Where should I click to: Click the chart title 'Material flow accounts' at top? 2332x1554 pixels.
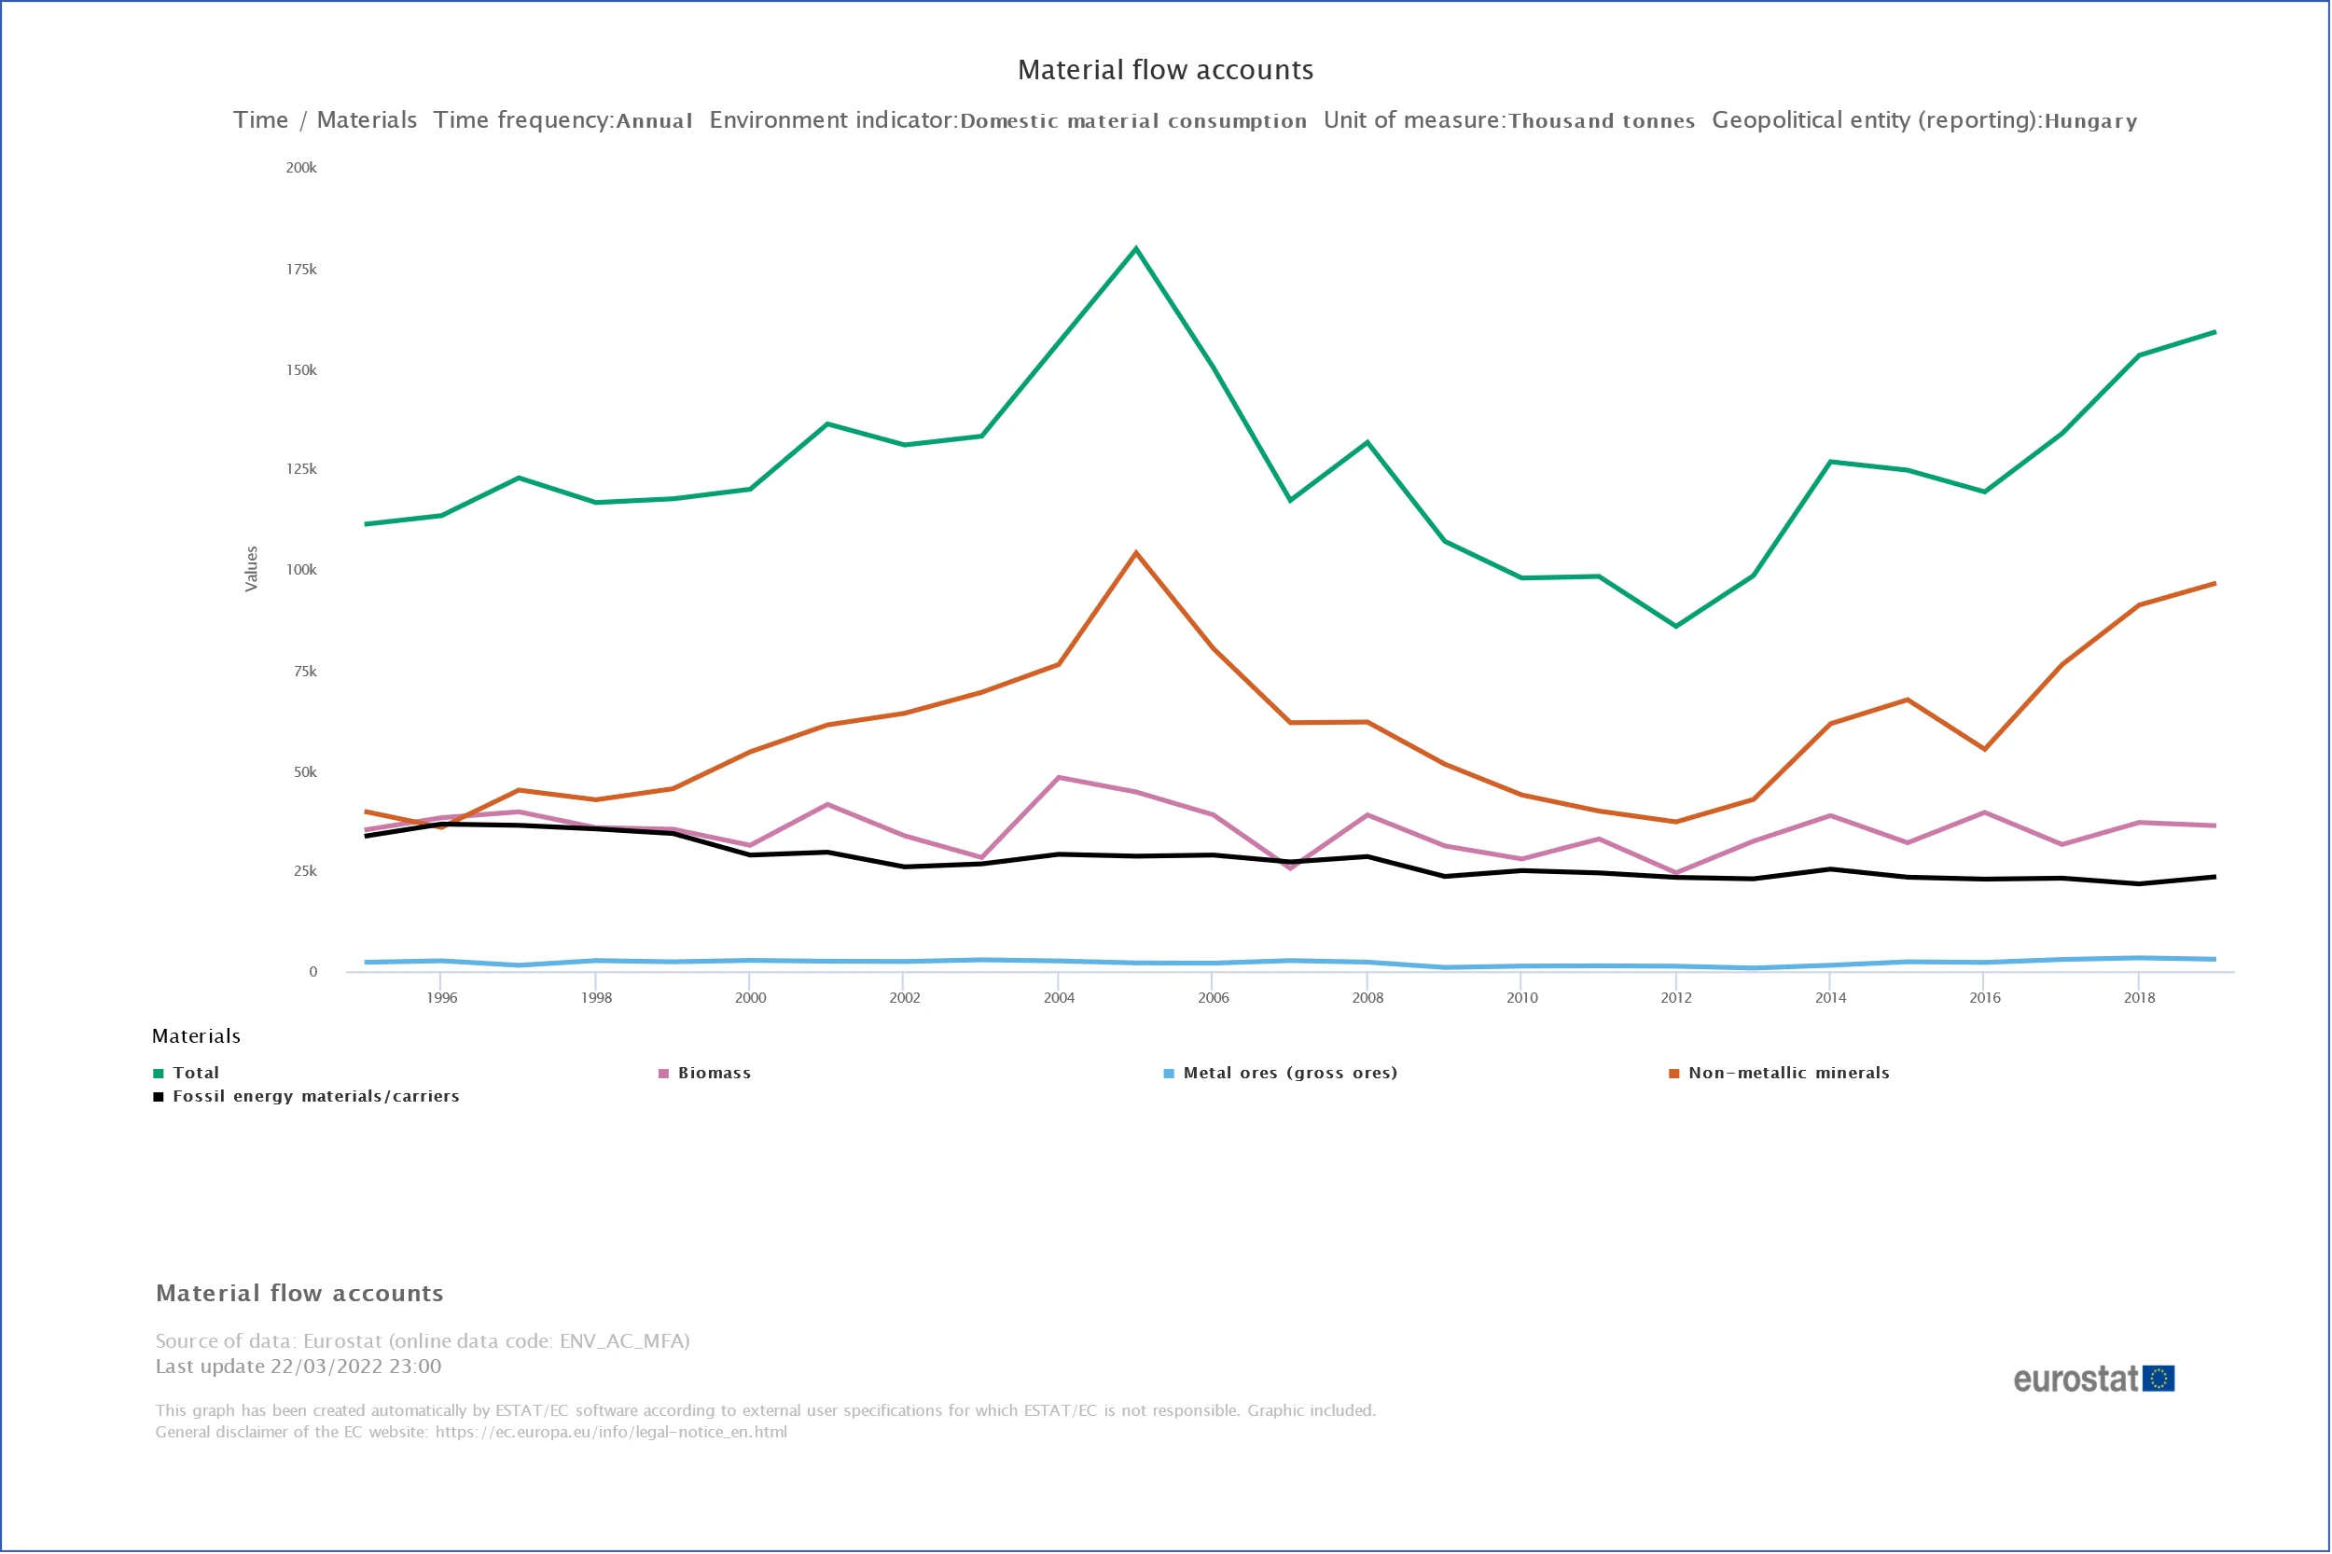[x=1165, y=69]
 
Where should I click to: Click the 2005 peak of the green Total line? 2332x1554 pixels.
[x=1136, y=248]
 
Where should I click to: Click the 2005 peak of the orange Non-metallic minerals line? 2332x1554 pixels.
[x=1136, y=553]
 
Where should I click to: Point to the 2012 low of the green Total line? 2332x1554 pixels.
[x=1676, y=627]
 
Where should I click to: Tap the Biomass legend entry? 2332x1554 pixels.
[x=714, y=1074]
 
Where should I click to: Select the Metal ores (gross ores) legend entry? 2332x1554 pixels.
[x=1289, y=1074]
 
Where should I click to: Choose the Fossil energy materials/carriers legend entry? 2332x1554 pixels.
[x=315, y=1096]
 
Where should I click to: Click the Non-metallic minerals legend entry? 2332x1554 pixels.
[x=1788, y=1074]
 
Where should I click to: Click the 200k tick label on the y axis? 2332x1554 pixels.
[x=301, y=168]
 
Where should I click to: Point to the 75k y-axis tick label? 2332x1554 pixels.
[x=305, y=671]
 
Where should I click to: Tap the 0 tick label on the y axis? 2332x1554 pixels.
[x=313, y=972]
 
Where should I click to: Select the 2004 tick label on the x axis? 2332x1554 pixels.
[x=1059, y=998]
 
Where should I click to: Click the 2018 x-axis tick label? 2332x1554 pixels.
[x=2139, y=998]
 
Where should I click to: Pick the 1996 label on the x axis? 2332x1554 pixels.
[x=442, y=998]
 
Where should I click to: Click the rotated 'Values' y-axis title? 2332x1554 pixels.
[x=252, y=569]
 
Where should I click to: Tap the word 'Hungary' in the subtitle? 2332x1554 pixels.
[x=2090, y=121]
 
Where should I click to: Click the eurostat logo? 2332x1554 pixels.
[x=2093, y=1379]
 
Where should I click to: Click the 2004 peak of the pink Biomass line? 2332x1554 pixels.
[x=1059, y=777]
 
